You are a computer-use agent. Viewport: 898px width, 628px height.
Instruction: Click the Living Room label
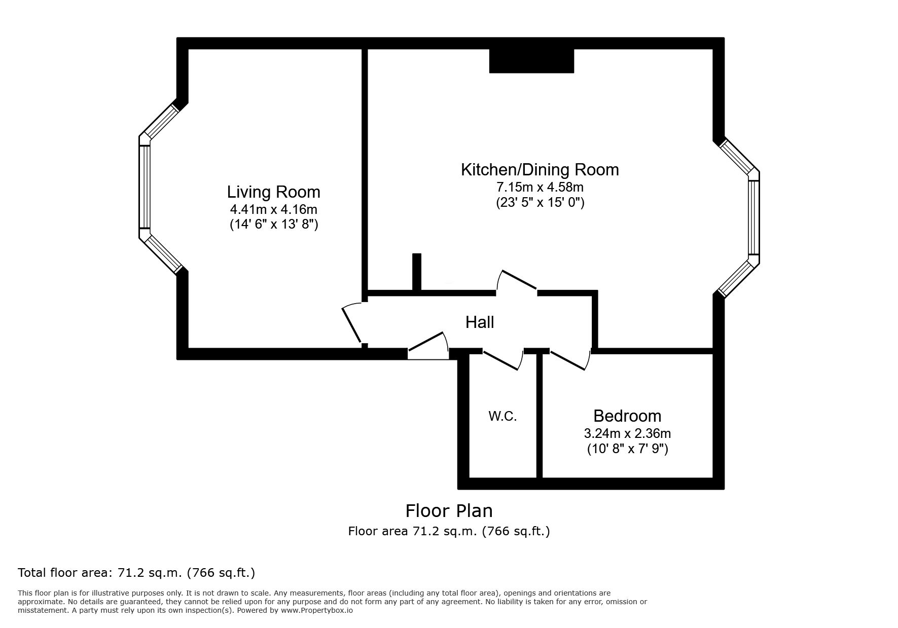coord(273,192)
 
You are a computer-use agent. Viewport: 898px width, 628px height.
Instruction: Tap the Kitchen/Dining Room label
coord(540,170)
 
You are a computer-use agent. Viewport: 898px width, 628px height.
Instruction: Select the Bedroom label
coord(627,416)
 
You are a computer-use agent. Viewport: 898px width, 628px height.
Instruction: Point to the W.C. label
coord(502,417)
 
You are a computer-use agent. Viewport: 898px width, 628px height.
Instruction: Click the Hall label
coord(480,322)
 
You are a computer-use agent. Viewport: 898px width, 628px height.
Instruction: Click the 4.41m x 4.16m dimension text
coord(274,209)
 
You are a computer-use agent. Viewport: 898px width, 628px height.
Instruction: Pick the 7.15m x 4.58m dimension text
coord(540,187)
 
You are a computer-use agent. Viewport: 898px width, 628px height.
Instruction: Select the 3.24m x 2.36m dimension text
coord(627,433)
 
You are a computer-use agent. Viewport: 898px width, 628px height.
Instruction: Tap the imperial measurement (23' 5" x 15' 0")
coord(540,203)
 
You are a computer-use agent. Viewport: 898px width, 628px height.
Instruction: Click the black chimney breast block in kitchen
coord(531,61)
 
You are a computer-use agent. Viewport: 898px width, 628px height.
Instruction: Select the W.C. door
coord(502,359)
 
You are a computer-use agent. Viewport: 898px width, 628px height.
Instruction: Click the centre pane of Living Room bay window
coord(145,187)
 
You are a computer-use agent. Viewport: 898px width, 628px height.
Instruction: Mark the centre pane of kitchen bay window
coord(754,217)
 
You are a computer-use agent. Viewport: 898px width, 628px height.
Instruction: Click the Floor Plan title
coord(449,510)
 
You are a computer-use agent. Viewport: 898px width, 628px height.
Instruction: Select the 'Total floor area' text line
coord(136,573)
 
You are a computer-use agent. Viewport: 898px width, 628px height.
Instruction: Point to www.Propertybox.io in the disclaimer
coord(317,611)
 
